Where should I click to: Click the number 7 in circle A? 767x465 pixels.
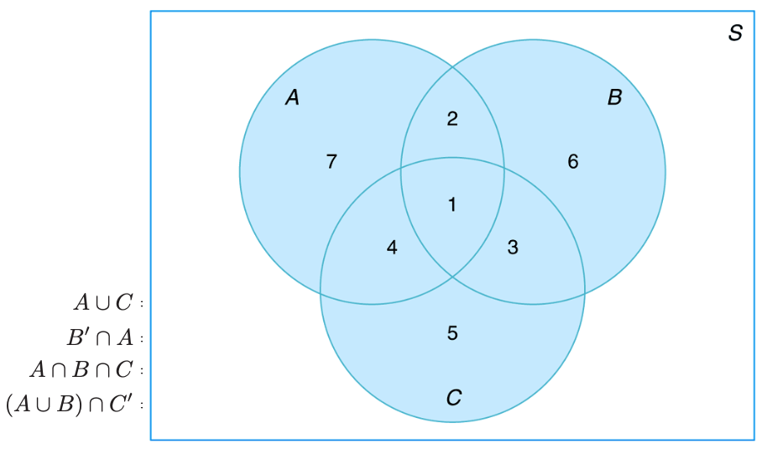(331, 163)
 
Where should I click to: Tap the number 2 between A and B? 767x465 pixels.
(452, 119)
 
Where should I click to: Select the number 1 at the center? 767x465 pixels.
(452, 204)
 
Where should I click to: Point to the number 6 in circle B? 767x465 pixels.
(573, 162)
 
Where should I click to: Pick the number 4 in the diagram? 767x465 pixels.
(392, 248)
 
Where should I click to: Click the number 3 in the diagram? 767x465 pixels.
(514, 248)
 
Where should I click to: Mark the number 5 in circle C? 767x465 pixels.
(452, 333)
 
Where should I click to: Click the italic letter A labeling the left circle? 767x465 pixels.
(292, 98)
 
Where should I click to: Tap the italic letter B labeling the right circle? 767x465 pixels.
(614, 98)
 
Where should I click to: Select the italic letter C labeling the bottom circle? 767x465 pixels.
(453, 398)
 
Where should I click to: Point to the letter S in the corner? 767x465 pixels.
(735, 34)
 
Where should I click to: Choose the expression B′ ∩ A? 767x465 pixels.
(100, 337)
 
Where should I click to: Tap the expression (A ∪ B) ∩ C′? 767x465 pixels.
(70, 404)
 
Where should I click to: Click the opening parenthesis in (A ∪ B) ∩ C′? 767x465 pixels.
(10, 404)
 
